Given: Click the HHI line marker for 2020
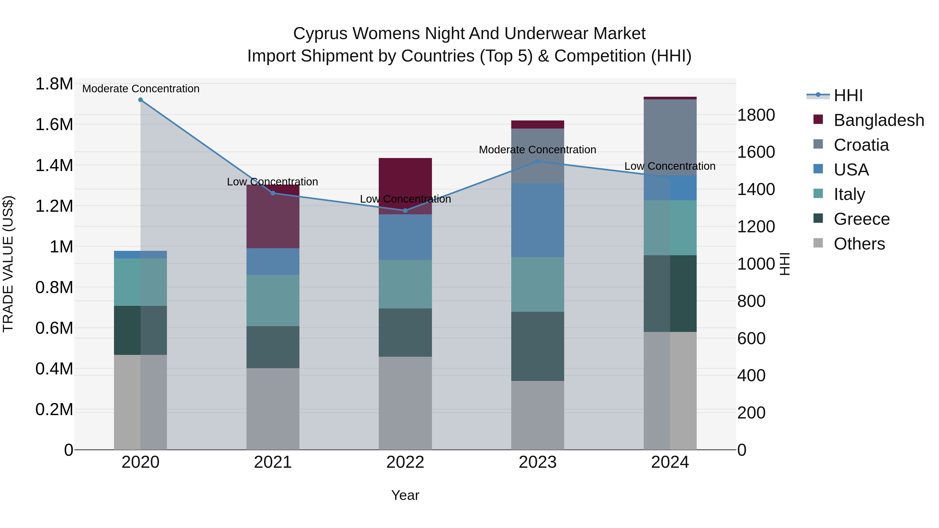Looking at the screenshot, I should click(x=140, y=100).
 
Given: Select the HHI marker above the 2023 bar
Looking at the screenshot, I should click(x=537, y=161).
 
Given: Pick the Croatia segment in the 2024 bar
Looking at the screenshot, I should click(x=670, y=137).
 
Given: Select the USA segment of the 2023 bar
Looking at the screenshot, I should click(x=537, y=220).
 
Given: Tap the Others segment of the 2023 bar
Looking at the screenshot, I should click(x=537, y=415).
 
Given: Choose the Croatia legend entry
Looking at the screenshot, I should click(x=861, y=145).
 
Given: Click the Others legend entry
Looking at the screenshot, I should click(x=859, y=244).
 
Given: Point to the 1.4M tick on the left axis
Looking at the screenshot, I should click(x=54, y=165).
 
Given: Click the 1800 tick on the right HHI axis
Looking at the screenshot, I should click(x=756, y=115).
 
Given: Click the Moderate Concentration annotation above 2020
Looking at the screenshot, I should click(x=141, y=89).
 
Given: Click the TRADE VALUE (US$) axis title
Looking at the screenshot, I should click(x=8, y=264).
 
